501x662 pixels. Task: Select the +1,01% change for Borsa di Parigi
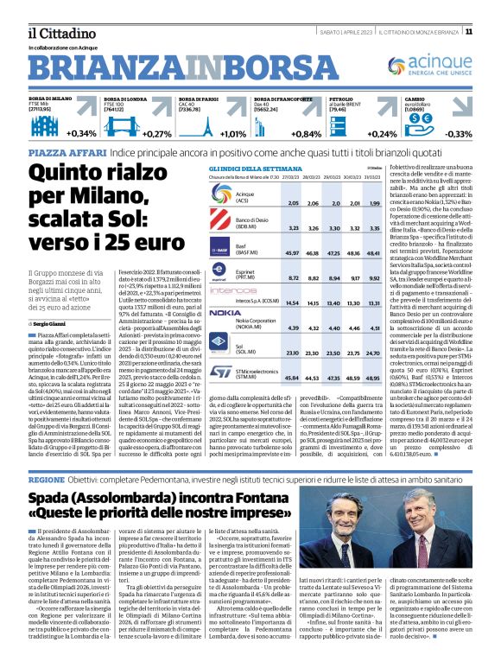(x=231, y=134)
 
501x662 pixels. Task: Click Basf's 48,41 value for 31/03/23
(x=374, y=251)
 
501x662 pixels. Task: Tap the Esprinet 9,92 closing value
(x=374, y=279)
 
